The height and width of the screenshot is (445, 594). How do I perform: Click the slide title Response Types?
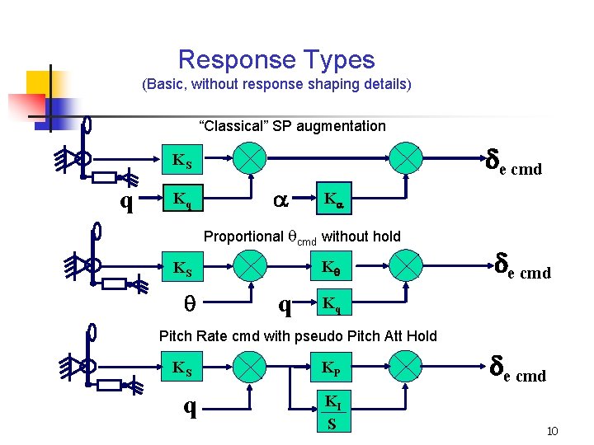tap(276, 59)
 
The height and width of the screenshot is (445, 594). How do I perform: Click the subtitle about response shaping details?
tap(276, 84)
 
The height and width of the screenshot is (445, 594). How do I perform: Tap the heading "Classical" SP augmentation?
tap(292, 126)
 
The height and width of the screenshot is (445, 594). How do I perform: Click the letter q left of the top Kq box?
tap(127, 201)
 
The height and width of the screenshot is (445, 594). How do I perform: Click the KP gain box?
tap(332, 367)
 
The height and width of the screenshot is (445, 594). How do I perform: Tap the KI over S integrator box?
tap(332, 413)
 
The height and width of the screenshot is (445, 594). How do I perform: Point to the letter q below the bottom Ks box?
tap(190, 407)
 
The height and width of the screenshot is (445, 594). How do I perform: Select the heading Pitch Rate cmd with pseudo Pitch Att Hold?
tap(297, 335)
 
